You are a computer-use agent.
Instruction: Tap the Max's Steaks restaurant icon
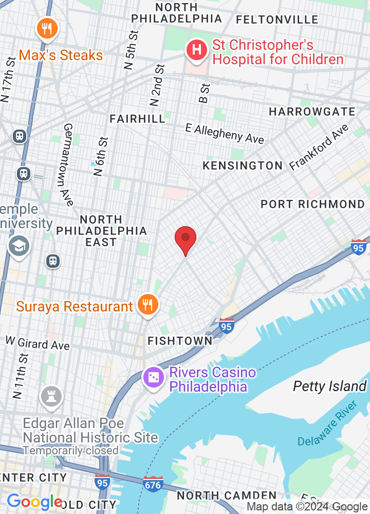[47, 29]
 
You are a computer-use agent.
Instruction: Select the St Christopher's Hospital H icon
[196, 50]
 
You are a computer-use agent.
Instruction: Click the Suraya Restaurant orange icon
[147, 306]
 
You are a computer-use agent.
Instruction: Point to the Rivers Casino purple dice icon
[154, 379]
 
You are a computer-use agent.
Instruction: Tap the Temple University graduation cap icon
[19, 247]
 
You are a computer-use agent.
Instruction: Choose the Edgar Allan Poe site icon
[52, 396]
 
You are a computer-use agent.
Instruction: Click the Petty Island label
[330, 386]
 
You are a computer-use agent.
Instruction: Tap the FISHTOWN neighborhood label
[180, 341]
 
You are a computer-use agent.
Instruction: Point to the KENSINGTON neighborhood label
[243, 166]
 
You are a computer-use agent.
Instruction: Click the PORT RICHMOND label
[312, 204]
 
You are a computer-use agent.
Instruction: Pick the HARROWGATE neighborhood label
[312, 112]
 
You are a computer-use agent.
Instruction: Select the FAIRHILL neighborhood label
[137, 119]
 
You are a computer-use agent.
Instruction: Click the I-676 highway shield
[153, 484]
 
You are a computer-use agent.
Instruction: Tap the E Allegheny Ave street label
[225, 133]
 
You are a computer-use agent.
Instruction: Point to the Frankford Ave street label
[319, 148]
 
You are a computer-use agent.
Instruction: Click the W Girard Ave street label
[38, 343]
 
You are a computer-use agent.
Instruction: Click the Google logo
[34, 502]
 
